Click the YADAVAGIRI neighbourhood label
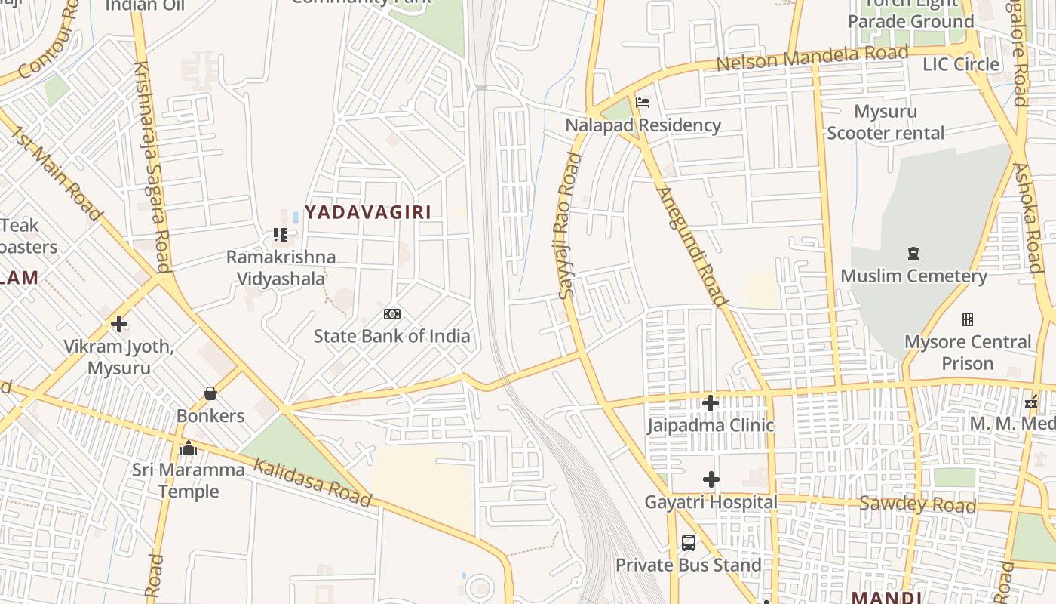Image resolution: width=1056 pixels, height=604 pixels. (368, 212)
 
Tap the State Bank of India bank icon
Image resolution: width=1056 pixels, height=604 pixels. (392, 314)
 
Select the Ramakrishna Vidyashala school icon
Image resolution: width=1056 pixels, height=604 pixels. (281, 235)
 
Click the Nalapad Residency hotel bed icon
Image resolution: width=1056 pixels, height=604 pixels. (643, 103)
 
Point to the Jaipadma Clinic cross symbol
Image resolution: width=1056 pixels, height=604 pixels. (711, 403)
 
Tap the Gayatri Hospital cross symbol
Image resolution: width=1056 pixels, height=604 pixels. (711, 479)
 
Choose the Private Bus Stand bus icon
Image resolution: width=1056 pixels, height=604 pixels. (689, 543)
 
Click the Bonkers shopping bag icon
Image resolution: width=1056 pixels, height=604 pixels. (210, 393)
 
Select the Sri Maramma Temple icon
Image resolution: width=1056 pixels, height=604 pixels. (189, 448)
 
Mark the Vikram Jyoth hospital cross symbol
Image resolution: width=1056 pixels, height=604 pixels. (118, 324)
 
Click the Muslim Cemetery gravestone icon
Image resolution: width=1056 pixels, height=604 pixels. (914, 254)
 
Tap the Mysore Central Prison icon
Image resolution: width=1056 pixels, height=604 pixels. (968, 319)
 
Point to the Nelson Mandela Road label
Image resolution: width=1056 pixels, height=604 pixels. (812, 57)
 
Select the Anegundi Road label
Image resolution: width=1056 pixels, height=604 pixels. (692, 246)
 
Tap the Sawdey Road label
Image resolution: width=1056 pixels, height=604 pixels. (918, 504)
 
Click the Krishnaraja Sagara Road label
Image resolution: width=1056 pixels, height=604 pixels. (150, 166)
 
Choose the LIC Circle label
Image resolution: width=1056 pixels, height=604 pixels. (961, 65)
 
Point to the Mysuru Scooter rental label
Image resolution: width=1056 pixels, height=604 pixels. (886, 122)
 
